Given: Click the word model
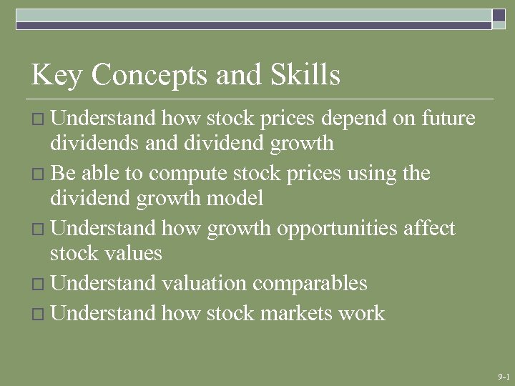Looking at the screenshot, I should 235,197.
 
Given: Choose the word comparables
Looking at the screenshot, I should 310,284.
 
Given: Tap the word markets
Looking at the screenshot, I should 282,313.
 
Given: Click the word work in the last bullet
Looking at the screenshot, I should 361,313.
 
